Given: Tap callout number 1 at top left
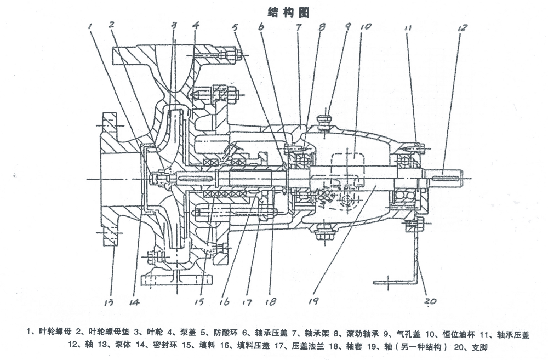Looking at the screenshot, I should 92,24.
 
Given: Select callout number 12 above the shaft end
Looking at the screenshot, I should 463,27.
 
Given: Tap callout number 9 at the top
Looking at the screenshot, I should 347,25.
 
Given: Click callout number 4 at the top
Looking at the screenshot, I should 196,25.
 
